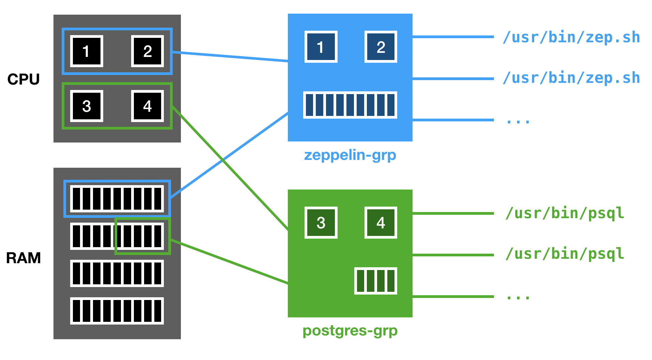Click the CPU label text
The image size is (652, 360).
tap(24, 79)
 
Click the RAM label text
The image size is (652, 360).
tap(24, 258)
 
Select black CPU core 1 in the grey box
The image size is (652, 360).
tap(87, 51)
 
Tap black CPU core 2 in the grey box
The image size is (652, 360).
tap(148, 51)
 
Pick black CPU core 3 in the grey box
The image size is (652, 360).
tap(87, 106)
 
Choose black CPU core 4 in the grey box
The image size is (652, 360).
tap(148, 106)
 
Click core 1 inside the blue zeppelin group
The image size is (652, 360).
tap(321, 47)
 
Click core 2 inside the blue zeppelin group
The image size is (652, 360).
tap(381, 47)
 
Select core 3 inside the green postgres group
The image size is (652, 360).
tap(321, 223)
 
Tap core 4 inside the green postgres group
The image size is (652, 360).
tap(381, 223)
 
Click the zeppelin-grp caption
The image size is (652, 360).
tap(350, 155)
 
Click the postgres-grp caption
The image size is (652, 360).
tap(350, 331)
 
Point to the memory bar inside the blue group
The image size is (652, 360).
tap(350, 105)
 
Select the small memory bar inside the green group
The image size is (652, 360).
tap(375, 281)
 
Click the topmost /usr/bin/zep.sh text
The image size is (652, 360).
tap(571, 37)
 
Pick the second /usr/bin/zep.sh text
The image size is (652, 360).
tap(571, 78)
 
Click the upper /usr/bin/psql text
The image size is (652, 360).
tap(565, 213)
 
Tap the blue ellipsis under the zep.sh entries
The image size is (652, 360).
tap(518, 121)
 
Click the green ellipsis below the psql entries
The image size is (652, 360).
tap(518, 297)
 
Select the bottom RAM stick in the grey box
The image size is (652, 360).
tap(117, 311)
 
